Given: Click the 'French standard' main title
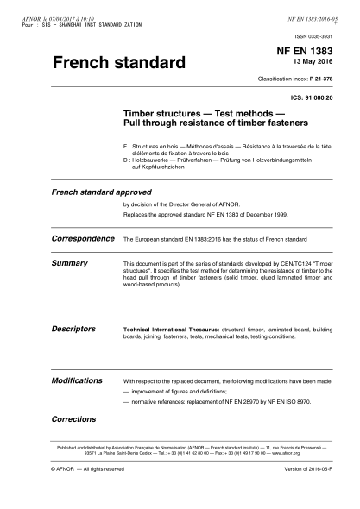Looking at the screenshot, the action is click(x=120, y=64).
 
